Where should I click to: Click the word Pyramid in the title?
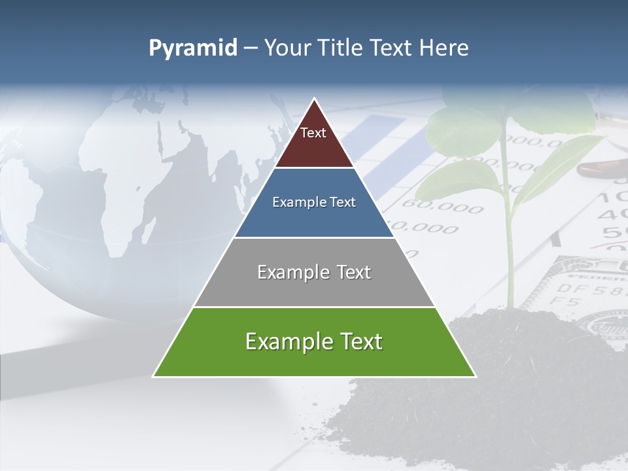[193, 48]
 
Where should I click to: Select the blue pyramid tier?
[314, 219]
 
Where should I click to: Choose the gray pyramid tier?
[314, 288]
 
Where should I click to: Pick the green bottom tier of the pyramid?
[314, 360]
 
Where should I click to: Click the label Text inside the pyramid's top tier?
[313, 133]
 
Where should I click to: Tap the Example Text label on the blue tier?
[314, 202]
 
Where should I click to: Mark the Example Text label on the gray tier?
[314, 272]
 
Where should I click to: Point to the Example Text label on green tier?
[314, 341]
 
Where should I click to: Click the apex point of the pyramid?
[315, 100]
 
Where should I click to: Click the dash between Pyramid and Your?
[251, 48]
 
